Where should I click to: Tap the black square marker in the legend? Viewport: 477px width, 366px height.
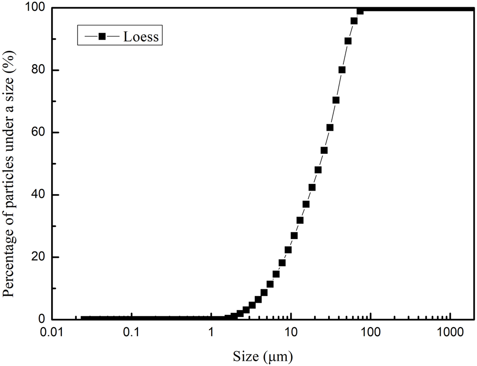point(102,36)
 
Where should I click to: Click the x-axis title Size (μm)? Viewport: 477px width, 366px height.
point(262,355)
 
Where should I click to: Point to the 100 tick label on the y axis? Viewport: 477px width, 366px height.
point(37,8)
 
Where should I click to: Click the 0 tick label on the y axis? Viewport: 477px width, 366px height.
point(43,320)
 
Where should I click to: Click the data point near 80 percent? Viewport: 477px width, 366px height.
point(342,70)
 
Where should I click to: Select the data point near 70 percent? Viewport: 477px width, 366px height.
point(336,100)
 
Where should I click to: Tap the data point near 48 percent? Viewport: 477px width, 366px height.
point(318,170)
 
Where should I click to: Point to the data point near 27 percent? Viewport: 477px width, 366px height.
point(294,236)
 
